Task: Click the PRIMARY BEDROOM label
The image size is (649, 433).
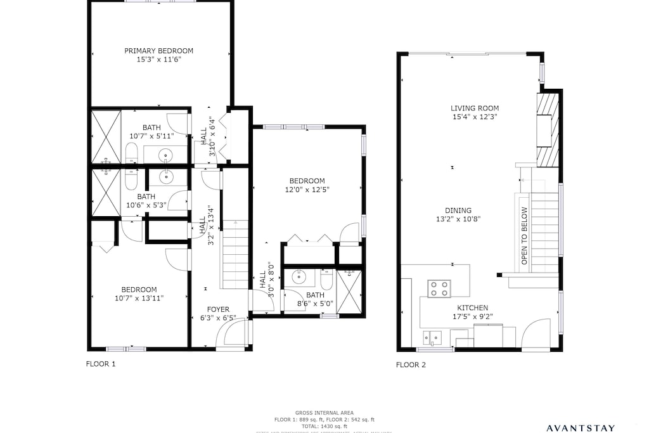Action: pos(158,51)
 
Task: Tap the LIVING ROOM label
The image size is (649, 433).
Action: pos(475,108)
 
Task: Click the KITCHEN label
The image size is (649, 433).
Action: pos(472,307)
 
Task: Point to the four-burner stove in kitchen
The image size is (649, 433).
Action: pos(438,288)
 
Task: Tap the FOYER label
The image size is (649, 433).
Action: pos(218,309)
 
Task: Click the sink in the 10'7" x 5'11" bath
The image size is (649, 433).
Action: pos(165,155)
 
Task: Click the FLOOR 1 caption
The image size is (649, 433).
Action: pos(101,364)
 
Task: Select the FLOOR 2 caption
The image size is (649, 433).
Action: pos(411,365)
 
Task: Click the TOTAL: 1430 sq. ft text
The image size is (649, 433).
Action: pos(324,426)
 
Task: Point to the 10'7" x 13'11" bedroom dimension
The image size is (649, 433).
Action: pos(139,298)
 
